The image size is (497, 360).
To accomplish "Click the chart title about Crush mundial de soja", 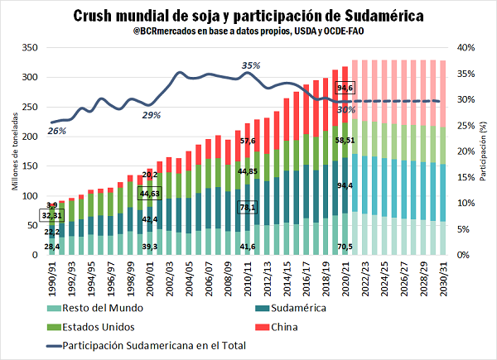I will click(248, 15).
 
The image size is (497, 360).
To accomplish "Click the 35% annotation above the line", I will click(250, 65).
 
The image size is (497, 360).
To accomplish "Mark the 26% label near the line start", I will click(56, 131).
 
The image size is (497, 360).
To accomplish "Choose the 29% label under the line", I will click(152, 115).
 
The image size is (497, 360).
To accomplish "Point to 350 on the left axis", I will click(28, 48).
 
